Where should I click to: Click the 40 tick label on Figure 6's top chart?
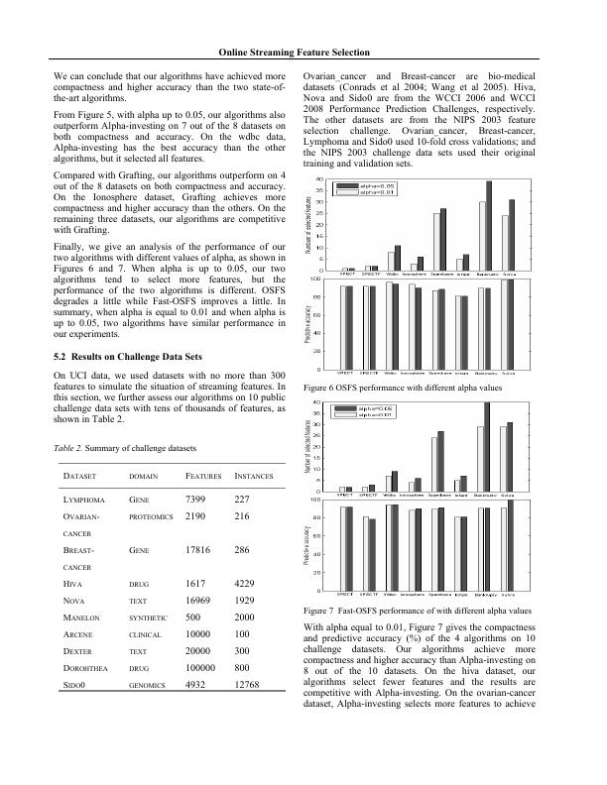point(318,179)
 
